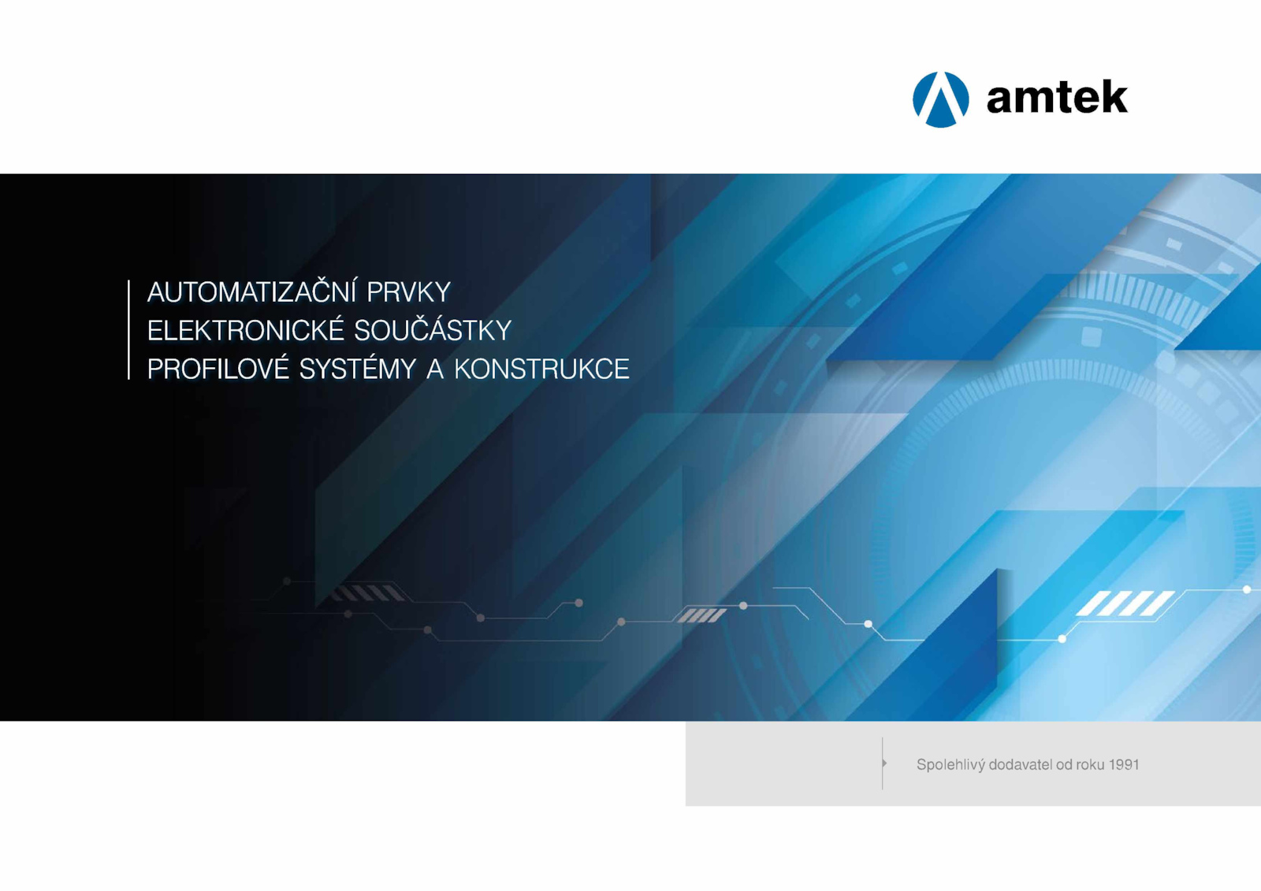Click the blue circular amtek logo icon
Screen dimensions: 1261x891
click(941, 99)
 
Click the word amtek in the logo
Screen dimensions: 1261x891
click(1057, 98)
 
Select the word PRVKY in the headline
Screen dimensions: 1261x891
click(409, 292)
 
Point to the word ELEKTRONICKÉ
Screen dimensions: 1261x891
click(237, 330)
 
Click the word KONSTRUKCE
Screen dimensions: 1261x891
click(541, 369)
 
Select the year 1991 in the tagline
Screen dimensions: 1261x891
click(1124, 765)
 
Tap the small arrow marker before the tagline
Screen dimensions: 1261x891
click(885, 764)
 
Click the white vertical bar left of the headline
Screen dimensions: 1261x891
click(129, 330)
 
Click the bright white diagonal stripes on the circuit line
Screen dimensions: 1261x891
click(1125, 603)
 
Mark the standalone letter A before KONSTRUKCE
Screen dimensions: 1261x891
click(435, 369)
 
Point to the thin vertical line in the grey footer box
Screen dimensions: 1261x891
click(882, 764)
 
